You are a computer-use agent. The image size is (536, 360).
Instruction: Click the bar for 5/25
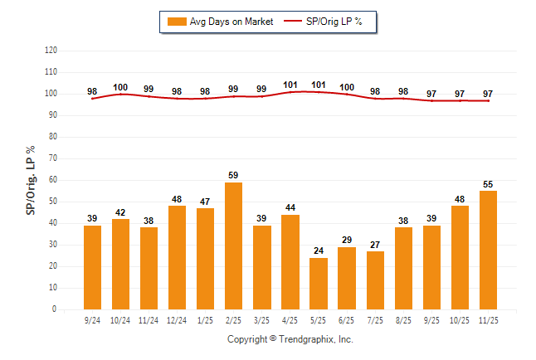(x=319, y=284)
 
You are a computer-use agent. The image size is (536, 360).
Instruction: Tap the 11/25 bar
(x=488, y=250)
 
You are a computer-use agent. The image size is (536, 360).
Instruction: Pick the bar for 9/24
(x=93, y=267)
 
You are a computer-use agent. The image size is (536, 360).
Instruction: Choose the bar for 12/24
(x=178, y=257)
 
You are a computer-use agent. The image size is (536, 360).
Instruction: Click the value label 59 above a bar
(x=234, y=175)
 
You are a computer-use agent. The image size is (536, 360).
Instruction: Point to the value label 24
(x=319, y=251)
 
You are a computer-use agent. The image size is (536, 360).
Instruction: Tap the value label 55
(x=488, y=183)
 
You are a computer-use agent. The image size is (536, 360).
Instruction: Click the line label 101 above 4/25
(x=290, y=84)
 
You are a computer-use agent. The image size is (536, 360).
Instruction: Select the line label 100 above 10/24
(x=121, y=86)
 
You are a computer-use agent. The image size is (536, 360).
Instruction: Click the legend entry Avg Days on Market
(x=221, y=22)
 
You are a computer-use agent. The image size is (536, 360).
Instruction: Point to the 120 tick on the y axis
(x=51, y=51)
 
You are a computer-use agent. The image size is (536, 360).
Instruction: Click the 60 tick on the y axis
(x=52, y=180)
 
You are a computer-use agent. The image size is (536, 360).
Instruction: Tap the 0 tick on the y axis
(x=55, y=309)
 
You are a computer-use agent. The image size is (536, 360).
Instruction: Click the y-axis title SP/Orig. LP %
(x=31, y=180)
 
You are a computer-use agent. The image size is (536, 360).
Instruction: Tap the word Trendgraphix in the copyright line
(x=305, y=339)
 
